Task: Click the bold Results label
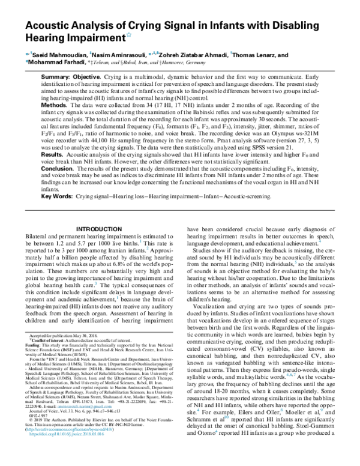53,155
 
